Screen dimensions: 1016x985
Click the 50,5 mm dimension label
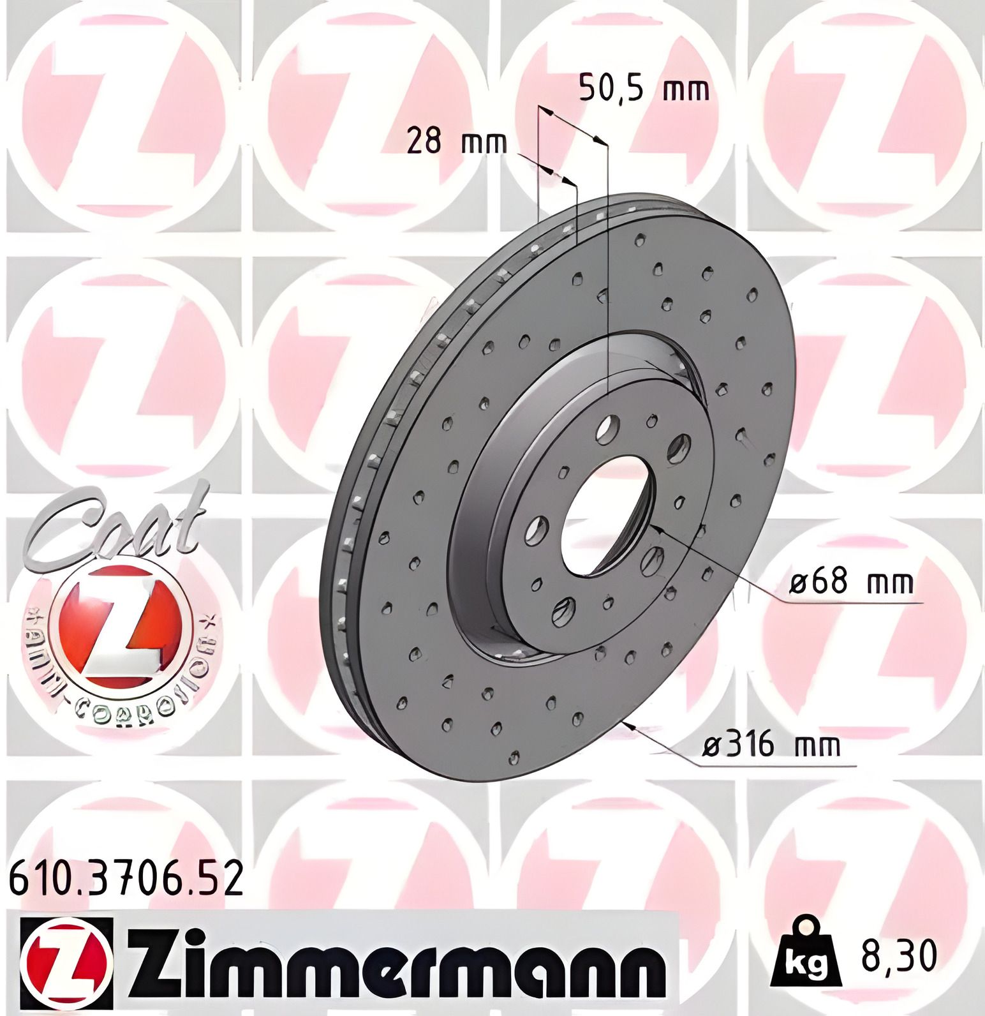coord(644,89)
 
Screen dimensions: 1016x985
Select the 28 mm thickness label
coord(457,141)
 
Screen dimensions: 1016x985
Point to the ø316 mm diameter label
coord(770,745)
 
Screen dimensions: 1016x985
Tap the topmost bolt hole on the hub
coord(607,428)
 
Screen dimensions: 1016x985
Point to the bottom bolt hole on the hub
coord(563,611)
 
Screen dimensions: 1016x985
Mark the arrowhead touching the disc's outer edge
coord(631,725)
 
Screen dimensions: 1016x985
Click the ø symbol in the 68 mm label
coord(799,583)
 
